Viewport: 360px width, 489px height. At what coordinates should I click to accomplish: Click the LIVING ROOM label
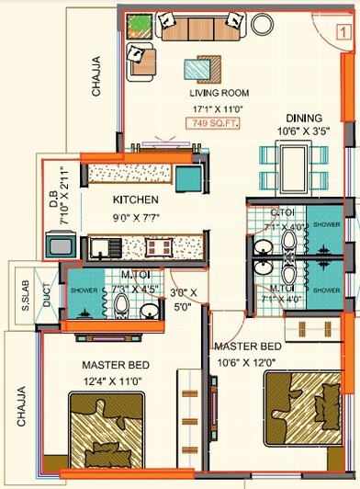pos(220,93)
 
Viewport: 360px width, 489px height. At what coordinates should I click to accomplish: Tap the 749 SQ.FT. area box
pos(213,122)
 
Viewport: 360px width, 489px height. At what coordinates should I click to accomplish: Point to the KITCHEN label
pos(136,200)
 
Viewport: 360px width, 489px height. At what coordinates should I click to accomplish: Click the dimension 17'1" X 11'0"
pos(219,108)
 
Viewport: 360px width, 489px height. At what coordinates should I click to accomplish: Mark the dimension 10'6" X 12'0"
pos(245,360)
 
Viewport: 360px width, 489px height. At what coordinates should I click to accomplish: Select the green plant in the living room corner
pos(140,23)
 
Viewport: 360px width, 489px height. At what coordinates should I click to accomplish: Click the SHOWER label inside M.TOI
pos(78,290)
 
